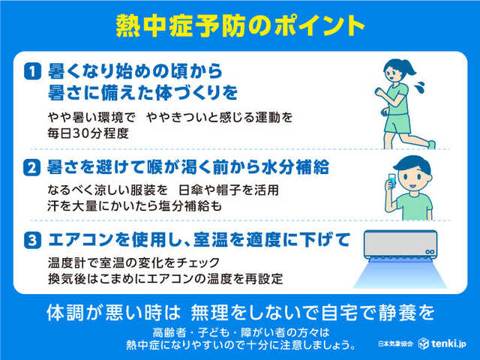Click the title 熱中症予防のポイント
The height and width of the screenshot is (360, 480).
click(240, 25)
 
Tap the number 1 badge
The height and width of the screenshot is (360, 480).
click(31, 72)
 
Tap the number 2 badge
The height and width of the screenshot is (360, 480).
click(31, 169)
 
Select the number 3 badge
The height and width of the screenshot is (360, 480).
click(31, 241)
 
